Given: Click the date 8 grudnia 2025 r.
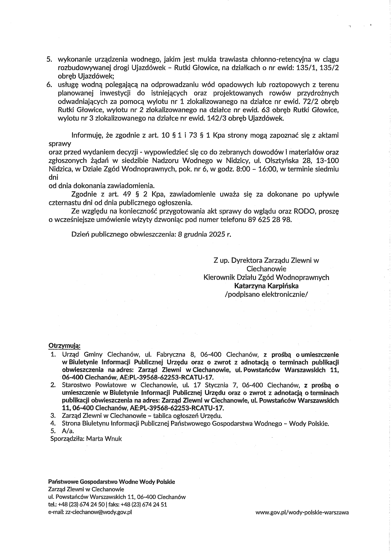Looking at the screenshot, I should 205,235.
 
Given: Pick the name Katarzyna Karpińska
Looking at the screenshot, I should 266,286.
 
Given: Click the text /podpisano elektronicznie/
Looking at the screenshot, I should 266,294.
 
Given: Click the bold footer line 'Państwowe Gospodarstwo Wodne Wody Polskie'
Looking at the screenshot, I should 111,482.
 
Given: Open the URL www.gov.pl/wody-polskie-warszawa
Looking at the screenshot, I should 302,512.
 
